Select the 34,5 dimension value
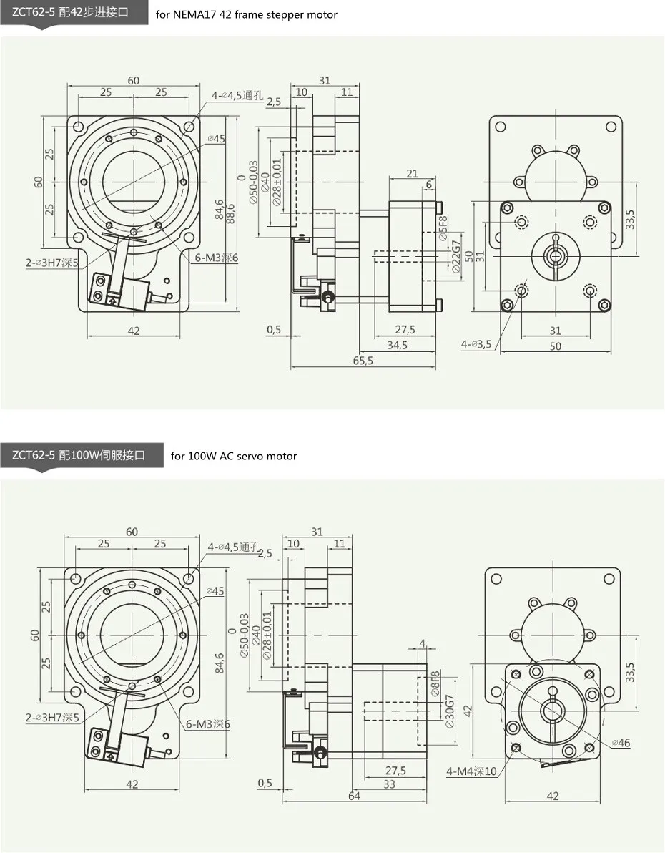click(398, 345)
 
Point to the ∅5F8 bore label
click(443, 227)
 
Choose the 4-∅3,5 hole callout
click(476, 344)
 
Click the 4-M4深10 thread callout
click(471, 771)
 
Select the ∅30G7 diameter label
click(450, 711)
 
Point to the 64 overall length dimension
click(354, 796)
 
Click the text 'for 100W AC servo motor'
click(234, 456)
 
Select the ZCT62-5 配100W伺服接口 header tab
click(79, 455)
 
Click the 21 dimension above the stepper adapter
click(412, 174)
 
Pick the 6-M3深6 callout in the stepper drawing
click(212, 258)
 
